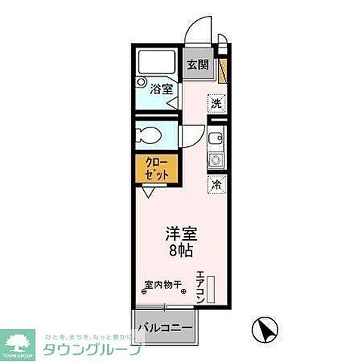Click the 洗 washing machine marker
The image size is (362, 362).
[216, 104]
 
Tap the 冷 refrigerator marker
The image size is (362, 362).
[217, 184]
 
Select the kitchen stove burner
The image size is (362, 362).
[215, 161]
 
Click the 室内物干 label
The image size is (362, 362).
[164, 285]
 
